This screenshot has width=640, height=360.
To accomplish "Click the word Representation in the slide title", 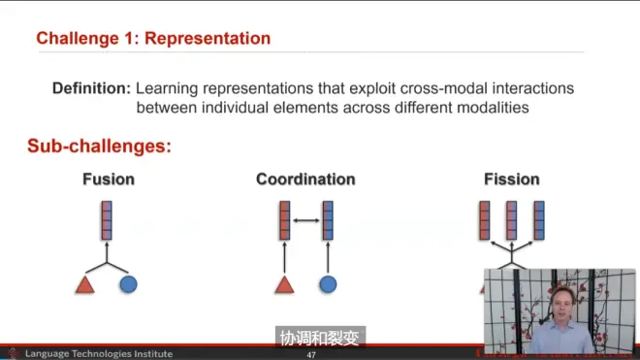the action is coord(208,39).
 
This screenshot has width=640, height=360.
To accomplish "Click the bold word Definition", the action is coord(91,88).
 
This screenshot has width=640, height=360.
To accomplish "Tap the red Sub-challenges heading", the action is coord(99,146).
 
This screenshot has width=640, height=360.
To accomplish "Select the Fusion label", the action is coord(109,179).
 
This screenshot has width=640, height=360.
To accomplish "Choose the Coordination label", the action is coord(305,179).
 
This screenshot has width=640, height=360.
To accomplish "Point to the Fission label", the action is coord(512,179).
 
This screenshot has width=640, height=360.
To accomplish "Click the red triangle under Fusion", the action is coord(85,285).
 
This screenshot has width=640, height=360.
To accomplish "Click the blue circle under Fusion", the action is coord(129,285).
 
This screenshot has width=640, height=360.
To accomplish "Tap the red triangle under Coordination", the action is coord(284,285).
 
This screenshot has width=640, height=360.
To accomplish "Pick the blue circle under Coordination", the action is coord(328,285).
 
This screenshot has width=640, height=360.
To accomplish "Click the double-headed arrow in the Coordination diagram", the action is coord(306,220).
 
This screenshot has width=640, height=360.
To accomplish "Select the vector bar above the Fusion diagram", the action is coord(107,220).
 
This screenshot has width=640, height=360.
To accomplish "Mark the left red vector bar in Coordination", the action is coord(284,220).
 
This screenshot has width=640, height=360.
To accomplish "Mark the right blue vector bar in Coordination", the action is coord(328,220).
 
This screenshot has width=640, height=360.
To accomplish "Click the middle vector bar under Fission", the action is coord(511,220).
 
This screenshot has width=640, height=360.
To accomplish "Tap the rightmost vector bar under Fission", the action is coord(539,220).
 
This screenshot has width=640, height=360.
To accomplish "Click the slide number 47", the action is coord(311,355).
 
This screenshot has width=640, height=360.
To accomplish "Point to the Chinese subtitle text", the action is coord(320,339).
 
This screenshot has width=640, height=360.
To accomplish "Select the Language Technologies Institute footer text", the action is coord(99,354).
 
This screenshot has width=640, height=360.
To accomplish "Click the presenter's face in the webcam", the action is coord(562,305).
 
